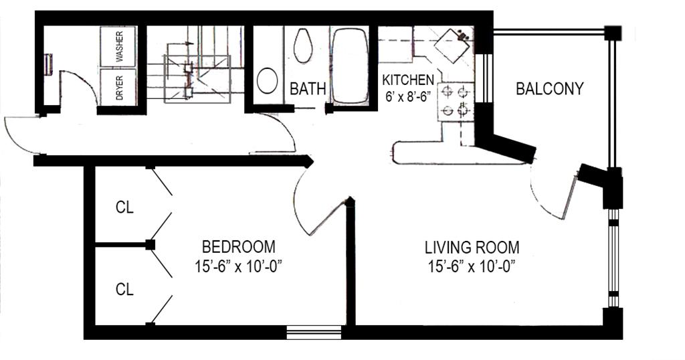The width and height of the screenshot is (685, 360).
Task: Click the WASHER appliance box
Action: point(118,46)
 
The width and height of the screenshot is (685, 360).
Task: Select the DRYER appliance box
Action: point(118,86)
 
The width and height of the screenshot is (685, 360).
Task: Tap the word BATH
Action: point(308,89)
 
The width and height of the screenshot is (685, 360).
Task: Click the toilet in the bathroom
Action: point(303,46)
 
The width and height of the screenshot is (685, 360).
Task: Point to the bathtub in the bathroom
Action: point(350,66)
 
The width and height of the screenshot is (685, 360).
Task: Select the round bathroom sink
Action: point(268,80)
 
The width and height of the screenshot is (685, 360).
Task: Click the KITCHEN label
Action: point(409,80)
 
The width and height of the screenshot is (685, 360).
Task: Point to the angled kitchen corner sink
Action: point(452,45)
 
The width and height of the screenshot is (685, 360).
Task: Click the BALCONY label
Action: point(550,89)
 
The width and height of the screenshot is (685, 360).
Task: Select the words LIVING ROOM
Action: point(472,248)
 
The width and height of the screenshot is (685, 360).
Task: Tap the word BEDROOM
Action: point(239,247)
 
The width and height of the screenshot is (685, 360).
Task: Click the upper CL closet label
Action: point(124,207)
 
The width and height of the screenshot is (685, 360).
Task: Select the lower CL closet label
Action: point(124,289)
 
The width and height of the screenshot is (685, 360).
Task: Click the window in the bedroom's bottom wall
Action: point(314,333)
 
